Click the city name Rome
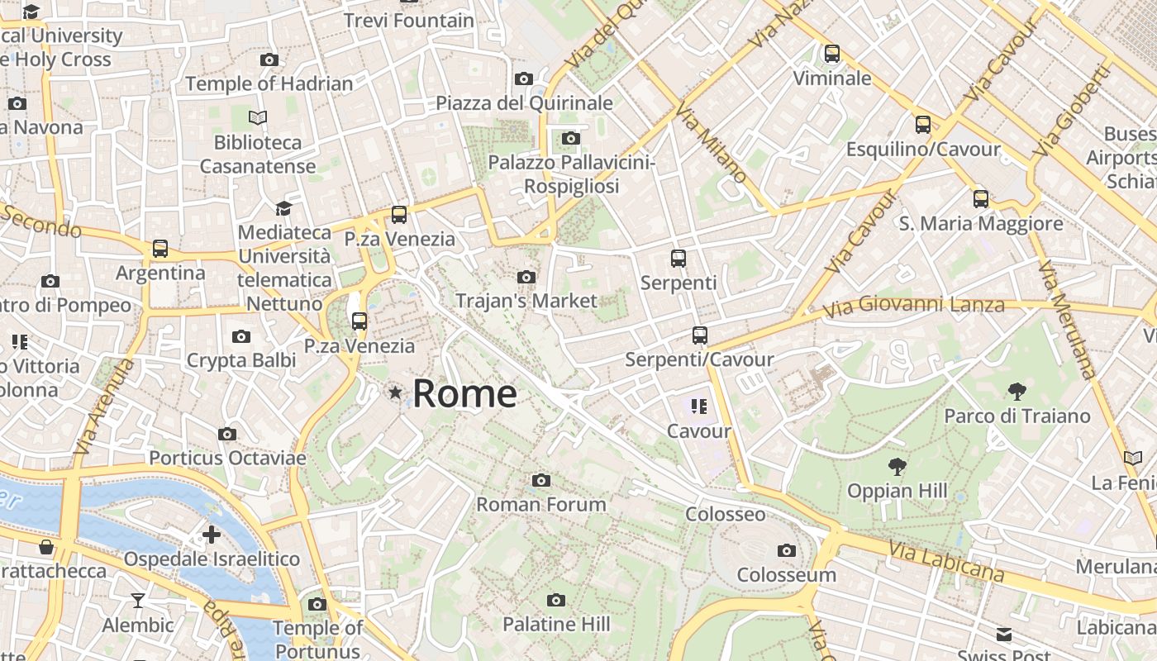[464, 393]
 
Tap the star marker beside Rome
[396, 392]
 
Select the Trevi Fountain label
[409, 20]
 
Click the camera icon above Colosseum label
[787, 550]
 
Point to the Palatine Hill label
[556, 624]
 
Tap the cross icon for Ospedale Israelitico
[212, 535]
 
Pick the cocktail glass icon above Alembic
[138, 601]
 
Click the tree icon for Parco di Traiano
[1017, 392]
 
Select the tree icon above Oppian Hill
[897, 467]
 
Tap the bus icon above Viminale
[832, 54]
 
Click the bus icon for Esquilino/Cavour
[923, 125]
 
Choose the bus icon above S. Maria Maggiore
[981, 199]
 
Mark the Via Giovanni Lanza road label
[915, 306]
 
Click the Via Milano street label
[711, 142]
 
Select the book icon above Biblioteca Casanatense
[258, 118]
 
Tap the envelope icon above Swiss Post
[1004, 635]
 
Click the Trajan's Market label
[526, 301]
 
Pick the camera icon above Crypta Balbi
[241, 336]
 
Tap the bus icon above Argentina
[160, 249]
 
